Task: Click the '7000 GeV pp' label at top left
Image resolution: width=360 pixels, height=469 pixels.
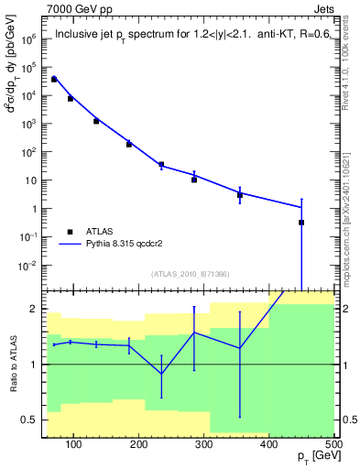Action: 79,8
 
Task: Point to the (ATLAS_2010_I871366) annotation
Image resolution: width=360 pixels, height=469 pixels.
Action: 190,274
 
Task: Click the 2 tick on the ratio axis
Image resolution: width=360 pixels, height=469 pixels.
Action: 34,309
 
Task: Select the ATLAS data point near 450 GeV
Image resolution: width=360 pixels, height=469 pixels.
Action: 301,223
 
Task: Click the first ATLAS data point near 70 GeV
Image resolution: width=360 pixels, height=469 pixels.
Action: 54,80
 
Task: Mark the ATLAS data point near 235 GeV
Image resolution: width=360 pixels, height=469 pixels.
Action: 161,165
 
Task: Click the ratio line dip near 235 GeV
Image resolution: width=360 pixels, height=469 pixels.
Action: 161,374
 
